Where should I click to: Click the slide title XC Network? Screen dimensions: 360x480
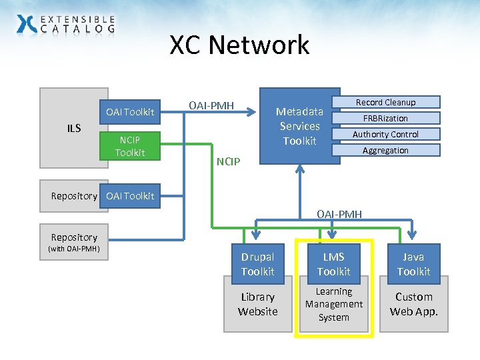click(x=239, y=45)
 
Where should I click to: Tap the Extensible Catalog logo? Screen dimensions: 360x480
click(x=65, y=25)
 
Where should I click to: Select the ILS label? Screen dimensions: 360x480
click(x=73, y=128)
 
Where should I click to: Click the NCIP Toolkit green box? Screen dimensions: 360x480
click(x=129, y=146)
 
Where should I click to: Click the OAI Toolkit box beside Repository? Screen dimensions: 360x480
click(x=129, y=195)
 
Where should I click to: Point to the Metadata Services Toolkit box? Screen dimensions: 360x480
click(x=299, y=126)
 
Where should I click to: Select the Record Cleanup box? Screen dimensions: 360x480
click(x=385, y=102)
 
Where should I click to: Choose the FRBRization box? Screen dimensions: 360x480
click(x=385, y=118)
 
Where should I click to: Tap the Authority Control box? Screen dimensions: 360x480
click(x=385, y=134)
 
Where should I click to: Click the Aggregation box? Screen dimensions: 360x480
click(x=385, y=150)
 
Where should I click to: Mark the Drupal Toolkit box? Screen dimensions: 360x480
click(x=257, y=264)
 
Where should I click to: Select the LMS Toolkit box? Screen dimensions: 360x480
click(x=333, y=264)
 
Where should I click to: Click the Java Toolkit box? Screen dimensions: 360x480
click(x=413, y=264)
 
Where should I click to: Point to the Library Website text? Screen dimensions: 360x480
click(x=257, y=304)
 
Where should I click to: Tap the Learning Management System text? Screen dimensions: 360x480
click(x=333, y=304)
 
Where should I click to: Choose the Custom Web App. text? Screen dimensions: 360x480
click(x=413, y=304)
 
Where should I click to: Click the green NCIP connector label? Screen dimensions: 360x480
click(x=231, y=161)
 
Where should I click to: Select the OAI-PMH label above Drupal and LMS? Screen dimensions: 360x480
click(x=339, y=214)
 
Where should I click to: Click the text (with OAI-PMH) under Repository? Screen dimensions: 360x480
click(x=73, y=249)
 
